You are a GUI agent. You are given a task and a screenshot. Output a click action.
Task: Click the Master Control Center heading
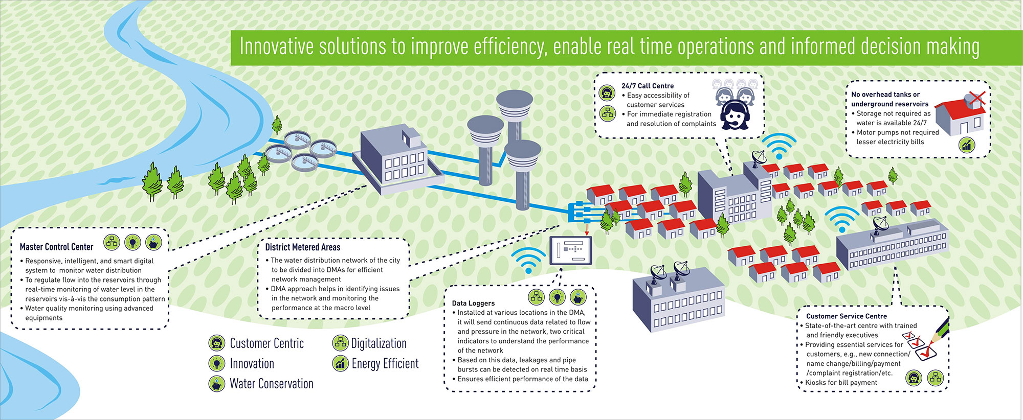pyautogui.click(x=56, y=247)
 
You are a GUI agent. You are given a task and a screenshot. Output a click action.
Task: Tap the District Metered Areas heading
pyautogui.click(x=302, y=247)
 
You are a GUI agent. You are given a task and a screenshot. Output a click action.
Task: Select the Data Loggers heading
pyautogui.click(x=473, y=303)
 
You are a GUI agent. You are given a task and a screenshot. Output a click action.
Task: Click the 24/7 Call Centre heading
pyautogui.click(x=648, y=86)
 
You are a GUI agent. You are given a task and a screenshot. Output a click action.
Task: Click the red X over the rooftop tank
pyautogui.click(x=976, y=98)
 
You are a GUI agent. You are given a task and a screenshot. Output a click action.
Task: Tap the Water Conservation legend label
pyautogui.click(x=271, y=384)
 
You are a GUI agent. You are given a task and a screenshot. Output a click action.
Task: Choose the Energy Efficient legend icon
pyautogui.click(x=340, y=363)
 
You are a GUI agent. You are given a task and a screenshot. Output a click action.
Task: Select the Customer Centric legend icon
pyautogui.click(x=217, y=343)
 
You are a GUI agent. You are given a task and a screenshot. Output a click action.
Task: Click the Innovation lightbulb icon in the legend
pyautogui.click(x=217, y=363)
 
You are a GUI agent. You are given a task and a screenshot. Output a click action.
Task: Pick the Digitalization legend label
pyautogui.click(x=379, y=343)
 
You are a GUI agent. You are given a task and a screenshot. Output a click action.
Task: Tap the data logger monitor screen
pyautogui.click(x=571, y=250)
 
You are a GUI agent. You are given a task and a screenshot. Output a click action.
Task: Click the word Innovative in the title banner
pyautogui.click(x=276, y=46)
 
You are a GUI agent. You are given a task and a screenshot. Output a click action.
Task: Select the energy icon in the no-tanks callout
pyautogui.click(x=966, y=145)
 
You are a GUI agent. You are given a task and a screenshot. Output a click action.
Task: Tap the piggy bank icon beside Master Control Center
pyautogui.click(x=153, y=242)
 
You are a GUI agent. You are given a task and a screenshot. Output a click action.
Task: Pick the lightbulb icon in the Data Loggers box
pyautogui.click(x=557, y=296)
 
